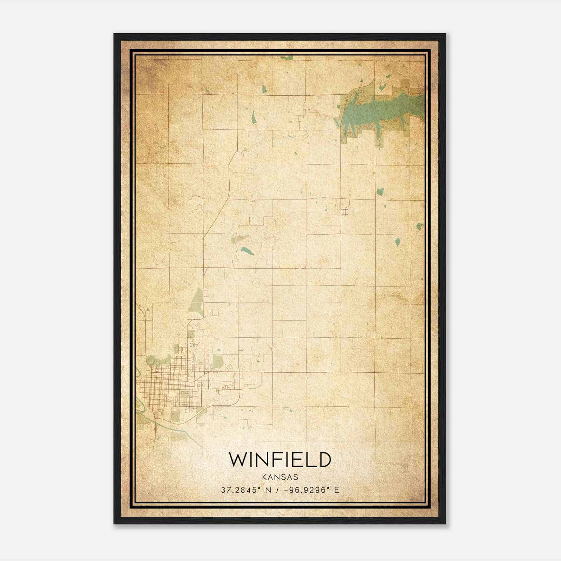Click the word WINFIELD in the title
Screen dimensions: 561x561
tap(280, 459)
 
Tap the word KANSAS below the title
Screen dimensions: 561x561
tap(280, 477)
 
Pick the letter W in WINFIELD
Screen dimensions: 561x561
tap(238, 459)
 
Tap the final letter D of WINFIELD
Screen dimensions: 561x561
tap(324, 459)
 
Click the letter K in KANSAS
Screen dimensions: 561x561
tap(263, 477)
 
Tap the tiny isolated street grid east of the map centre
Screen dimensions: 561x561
tap(345, 212)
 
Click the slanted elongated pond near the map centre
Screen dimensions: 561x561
tap(246, 251)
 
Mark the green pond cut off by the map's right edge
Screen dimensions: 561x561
tap(419, 227)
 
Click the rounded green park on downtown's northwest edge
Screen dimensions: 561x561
tap(151, 360)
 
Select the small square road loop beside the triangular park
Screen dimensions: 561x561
tap(215, 312)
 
